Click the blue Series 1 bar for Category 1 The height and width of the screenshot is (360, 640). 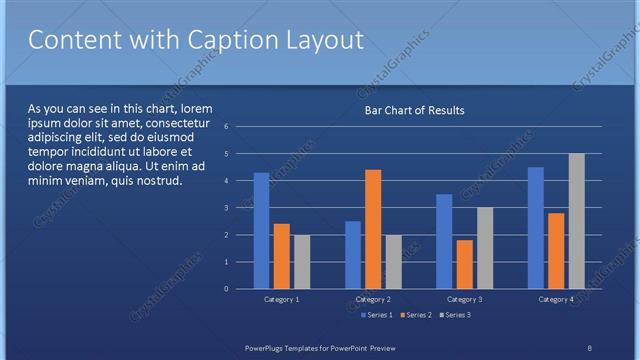[x=261, y=231]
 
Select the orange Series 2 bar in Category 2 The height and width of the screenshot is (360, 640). [x=373, y=229]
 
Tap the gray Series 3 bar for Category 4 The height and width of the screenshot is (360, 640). [x=576, y=221]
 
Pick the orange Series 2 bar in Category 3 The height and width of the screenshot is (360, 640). [x=464, y=264]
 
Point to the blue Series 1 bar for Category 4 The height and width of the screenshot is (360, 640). [x=536, y=228]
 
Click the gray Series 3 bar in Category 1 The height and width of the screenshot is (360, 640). [x=301, y=262]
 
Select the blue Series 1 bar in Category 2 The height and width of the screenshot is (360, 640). [x=353, y=255]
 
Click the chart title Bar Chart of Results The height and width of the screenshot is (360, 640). [x=413, y=110]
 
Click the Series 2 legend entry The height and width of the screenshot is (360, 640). [x=415, y=315]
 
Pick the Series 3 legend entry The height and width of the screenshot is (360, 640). [x=454, y=315]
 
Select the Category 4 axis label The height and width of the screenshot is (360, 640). [x=556, y=299]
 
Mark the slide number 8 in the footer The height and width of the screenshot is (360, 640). [x=589, y=347]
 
